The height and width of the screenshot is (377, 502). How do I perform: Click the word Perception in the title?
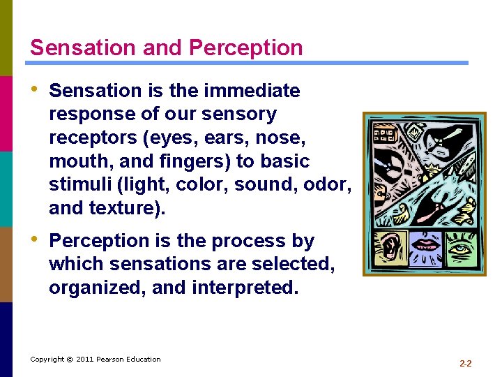click(246, 47)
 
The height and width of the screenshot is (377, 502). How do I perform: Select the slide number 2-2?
click(466, 364)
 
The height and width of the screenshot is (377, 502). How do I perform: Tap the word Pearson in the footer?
click(112, 359)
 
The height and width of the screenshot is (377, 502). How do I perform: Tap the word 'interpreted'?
click(245, 288)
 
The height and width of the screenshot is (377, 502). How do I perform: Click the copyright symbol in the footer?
click(70, 359)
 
